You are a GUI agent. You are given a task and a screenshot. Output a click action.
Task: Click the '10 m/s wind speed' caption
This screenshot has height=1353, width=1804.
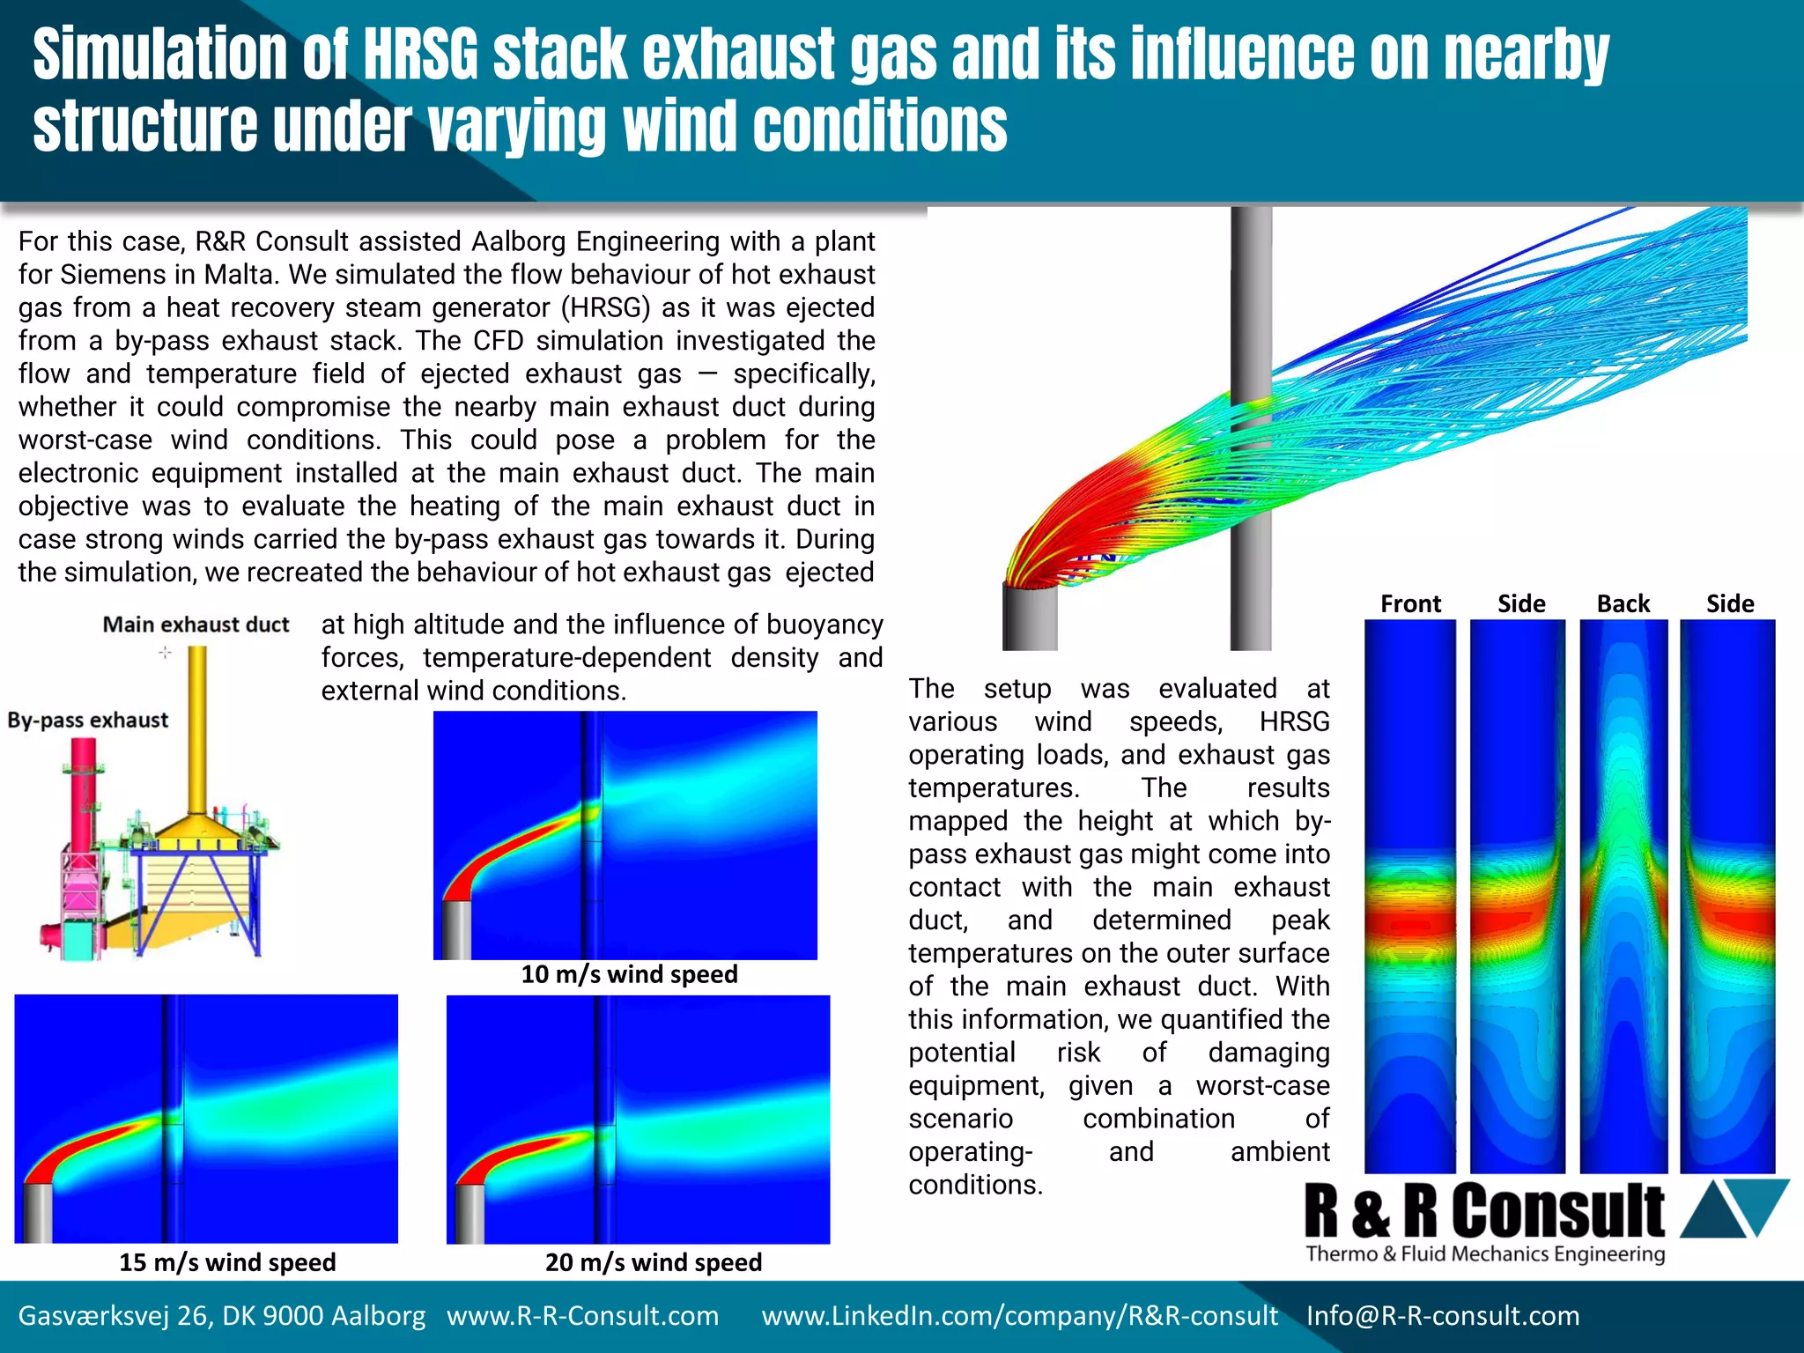click(629, 974)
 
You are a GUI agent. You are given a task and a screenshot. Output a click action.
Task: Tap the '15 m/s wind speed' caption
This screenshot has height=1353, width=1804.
click(227, 1262)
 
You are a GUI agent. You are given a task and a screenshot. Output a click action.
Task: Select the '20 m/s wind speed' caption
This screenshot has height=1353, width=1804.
click(654, 1262)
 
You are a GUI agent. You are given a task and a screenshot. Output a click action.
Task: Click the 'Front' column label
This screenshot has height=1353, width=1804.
click(1410, 604)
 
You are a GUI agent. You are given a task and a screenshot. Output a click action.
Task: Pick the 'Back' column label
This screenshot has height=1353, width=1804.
click(1623, 604)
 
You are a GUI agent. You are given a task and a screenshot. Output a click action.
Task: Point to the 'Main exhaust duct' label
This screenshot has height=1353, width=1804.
click(196, 625)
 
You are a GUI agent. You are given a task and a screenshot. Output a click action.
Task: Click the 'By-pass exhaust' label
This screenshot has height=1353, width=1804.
click(87, 720)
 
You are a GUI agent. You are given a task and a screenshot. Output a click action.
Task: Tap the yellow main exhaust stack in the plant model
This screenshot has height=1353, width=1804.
click(198, 731)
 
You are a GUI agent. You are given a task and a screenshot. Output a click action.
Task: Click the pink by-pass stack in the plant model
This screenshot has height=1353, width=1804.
click(84, 793)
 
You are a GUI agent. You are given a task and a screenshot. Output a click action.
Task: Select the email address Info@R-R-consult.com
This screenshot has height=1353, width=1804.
click(1443, 1316)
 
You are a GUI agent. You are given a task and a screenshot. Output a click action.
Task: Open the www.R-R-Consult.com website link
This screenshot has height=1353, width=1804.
click(582, 1316)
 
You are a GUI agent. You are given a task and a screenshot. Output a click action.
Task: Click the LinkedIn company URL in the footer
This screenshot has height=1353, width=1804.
click(1019, 1316)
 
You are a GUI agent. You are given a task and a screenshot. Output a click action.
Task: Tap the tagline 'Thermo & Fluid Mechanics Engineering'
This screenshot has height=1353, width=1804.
click(1485, 1253)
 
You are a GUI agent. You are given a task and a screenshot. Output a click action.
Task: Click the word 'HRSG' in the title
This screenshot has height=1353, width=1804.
click(419, 55)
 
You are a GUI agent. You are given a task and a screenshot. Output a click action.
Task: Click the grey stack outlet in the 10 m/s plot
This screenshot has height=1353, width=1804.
click(455, 928)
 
